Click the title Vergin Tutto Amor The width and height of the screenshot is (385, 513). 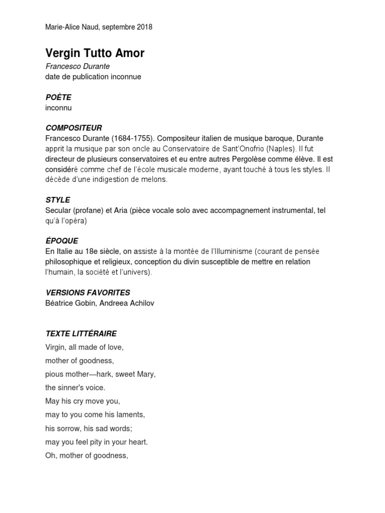coord(95,53)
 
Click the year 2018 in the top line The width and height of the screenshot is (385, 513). coord(143,28)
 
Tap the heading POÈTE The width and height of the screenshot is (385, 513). coord(58,97)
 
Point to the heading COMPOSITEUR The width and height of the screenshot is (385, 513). coord(74,128)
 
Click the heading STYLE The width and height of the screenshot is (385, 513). coord(58,200)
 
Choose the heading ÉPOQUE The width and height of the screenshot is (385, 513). coord(62,241)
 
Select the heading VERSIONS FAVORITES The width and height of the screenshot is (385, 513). coord(88,293)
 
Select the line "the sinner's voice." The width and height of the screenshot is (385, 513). coord(75,388)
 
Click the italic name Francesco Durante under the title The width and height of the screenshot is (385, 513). coord(78,67)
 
